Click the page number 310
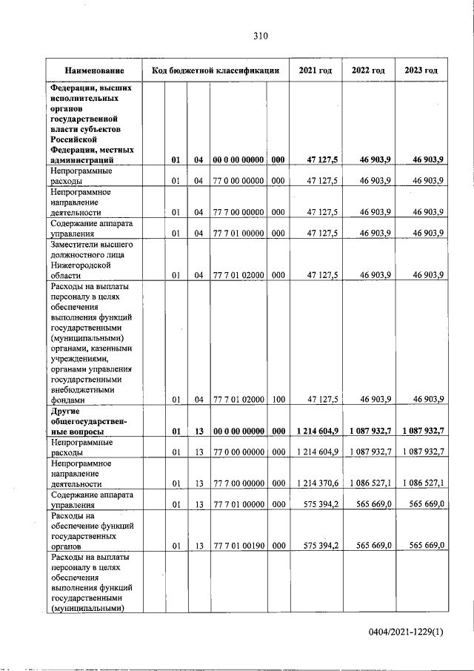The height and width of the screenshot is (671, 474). [259, 35]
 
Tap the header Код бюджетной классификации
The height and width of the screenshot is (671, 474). [215, 70]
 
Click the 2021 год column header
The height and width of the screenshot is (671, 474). [315, 70]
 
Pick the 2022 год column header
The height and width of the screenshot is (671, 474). [368, 70]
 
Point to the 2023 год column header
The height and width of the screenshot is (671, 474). [421, 70]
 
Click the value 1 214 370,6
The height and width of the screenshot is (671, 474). [316, 483]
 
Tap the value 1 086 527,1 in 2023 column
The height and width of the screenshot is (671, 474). [423, 483]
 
